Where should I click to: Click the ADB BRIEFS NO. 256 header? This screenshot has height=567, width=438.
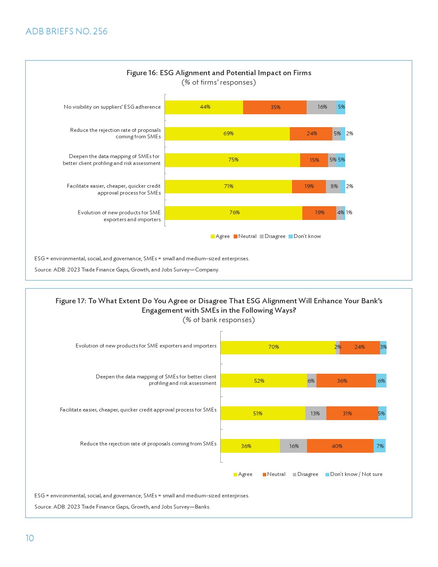(67, 31)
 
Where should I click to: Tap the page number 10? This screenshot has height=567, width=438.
(30, 538)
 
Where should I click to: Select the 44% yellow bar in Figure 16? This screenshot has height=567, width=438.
(204, 107)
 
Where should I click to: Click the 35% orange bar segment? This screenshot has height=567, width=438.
(275, 107)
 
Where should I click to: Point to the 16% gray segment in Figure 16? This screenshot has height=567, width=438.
(322, 107)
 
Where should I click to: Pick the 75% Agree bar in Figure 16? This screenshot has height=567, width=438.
(232, 160)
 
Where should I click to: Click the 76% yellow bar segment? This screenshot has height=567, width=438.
(234, 213)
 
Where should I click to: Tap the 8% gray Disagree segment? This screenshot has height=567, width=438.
(334, 186)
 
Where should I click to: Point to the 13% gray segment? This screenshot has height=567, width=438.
(316, 413)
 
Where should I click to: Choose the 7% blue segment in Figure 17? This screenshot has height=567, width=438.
(380, 446)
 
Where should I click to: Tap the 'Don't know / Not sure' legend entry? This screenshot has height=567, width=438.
(354, 474)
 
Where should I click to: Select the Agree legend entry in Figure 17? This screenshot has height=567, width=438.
(243, 474)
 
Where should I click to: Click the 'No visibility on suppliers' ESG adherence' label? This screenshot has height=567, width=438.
(112, 107)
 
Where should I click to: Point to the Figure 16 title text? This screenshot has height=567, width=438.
(219, 73)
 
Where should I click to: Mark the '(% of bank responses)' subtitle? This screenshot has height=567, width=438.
(219, 320)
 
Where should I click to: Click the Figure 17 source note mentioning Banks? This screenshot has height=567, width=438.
(122, 507)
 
